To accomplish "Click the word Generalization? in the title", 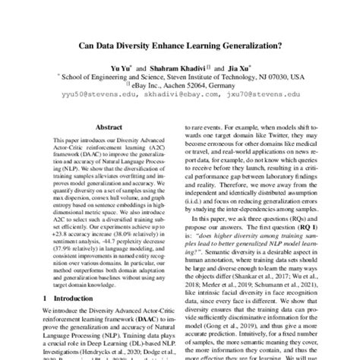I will pos(244,44).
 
